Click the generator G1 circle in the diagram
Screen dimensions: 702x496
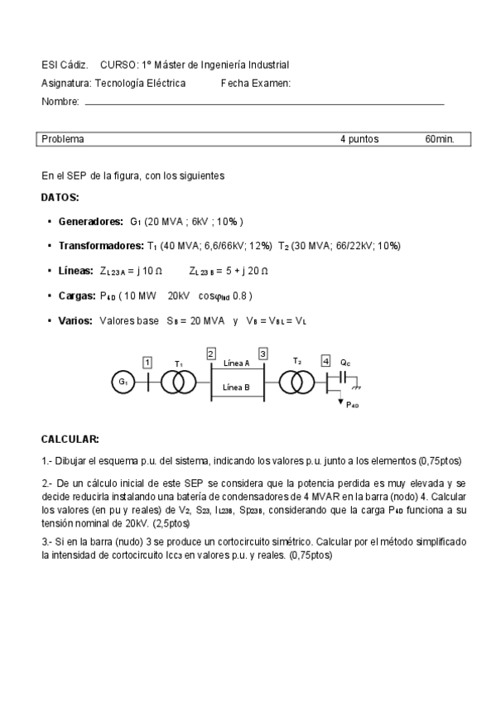pyautogui.click(x=123, y=382)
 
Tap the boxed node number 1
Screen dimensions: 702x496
pyautogui.click(x=147, y=362)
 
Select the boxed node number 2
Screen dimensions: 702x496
pyautogui.click(x=210, y=353)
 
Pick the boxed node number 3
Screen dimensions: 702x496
pyautogui.click(x=262, y=353)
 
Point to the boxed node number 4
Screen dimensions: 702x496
pyautogui.click(x=325, y=362)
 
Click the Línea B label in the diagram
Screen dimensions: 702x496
pyautogui.click(x=237, y=387)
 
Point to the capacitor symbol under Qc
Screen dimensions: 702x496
pyautogui.click(x=339, y=382)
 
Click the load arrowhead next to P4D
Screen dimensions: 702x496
pyautogui.click(x=339, y=401)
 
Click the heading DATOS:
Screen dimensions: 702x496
pyautogui.click(x=60, y=198)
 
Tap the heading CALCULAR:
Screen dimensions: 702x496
pyautogui.click(x=70, y=439)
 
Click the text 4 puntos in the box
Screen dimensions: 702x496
pyautogui.click(x=359, y=139)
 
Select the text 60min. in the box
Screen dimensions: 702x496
pyautogui.click(x=440, y=139)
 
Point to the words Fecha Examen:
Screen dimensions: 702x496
pyautogui.click(x=256, y=83)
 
